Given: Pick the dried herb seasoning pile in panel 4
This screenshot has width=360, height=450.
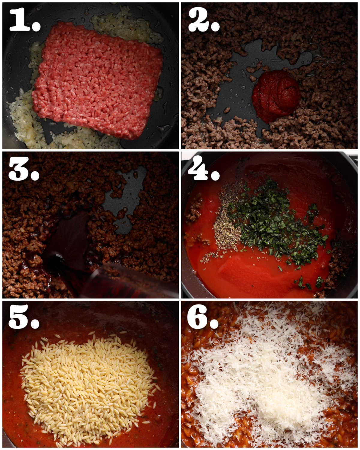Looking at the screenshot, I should pos(226,228).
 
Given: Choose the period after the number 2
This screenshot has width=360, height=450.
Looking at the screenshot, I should pos(215,26).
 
